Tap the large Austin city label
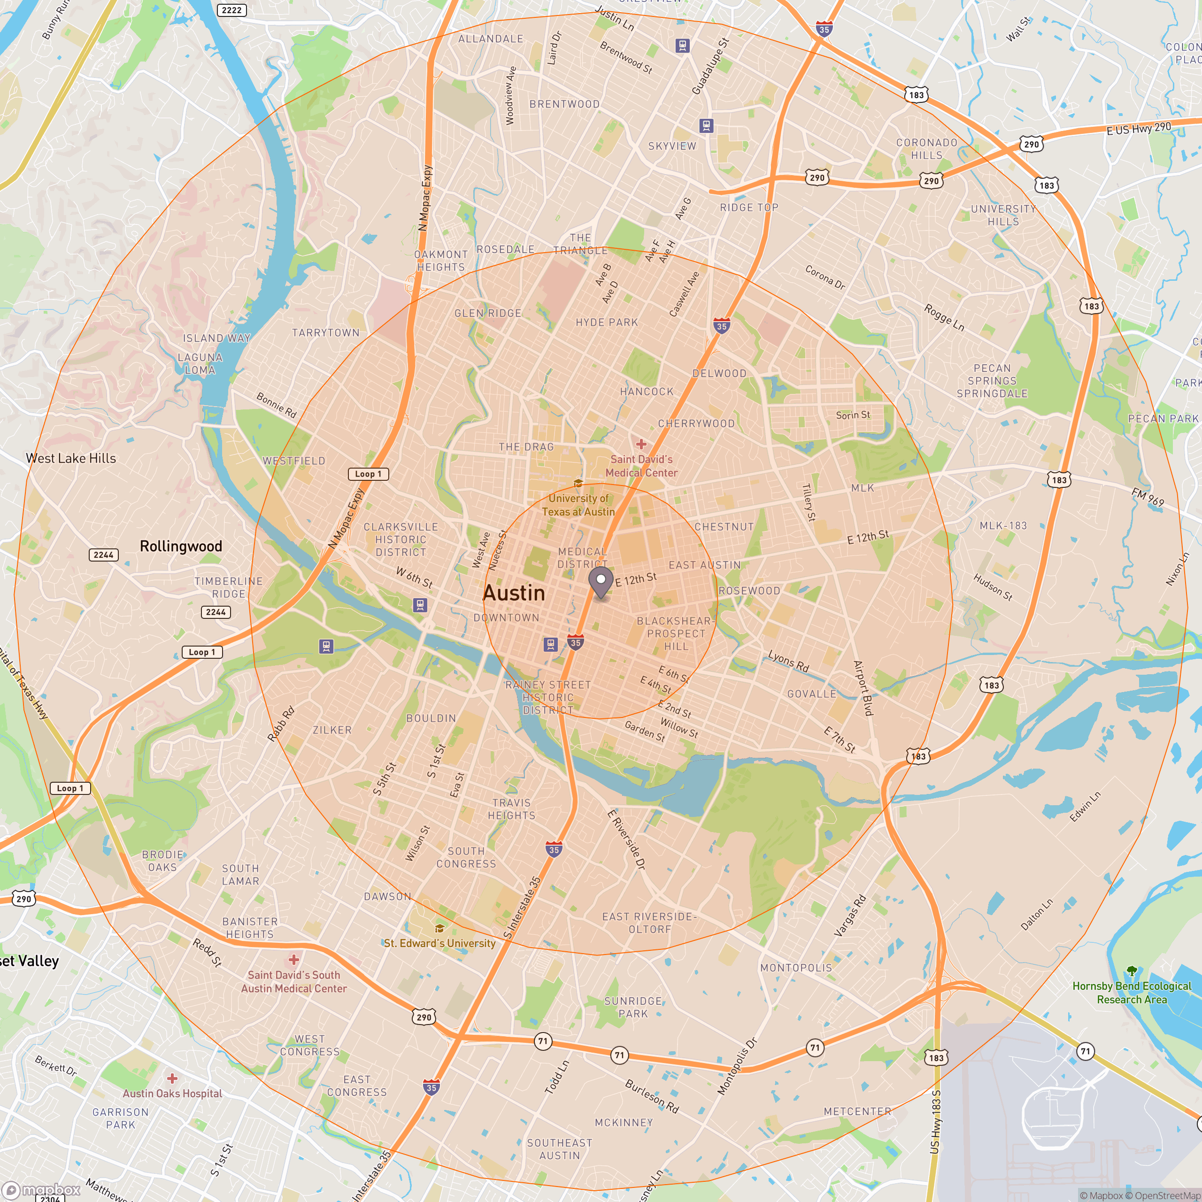[514, 593]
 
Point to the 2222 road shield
[231, 10]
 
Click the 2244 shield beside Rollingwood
[104, 555]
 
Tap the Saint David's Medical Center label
[641, 466]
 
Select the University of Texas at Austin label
[578, 505]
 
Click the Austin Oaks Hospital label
[172, 1093]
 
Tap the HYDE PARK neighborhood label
[607, 322]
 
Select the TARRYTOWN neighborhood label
[325, 333]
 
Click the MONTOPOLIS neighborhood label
[796, 967]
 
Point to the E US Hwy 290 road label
[1138, 129]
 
